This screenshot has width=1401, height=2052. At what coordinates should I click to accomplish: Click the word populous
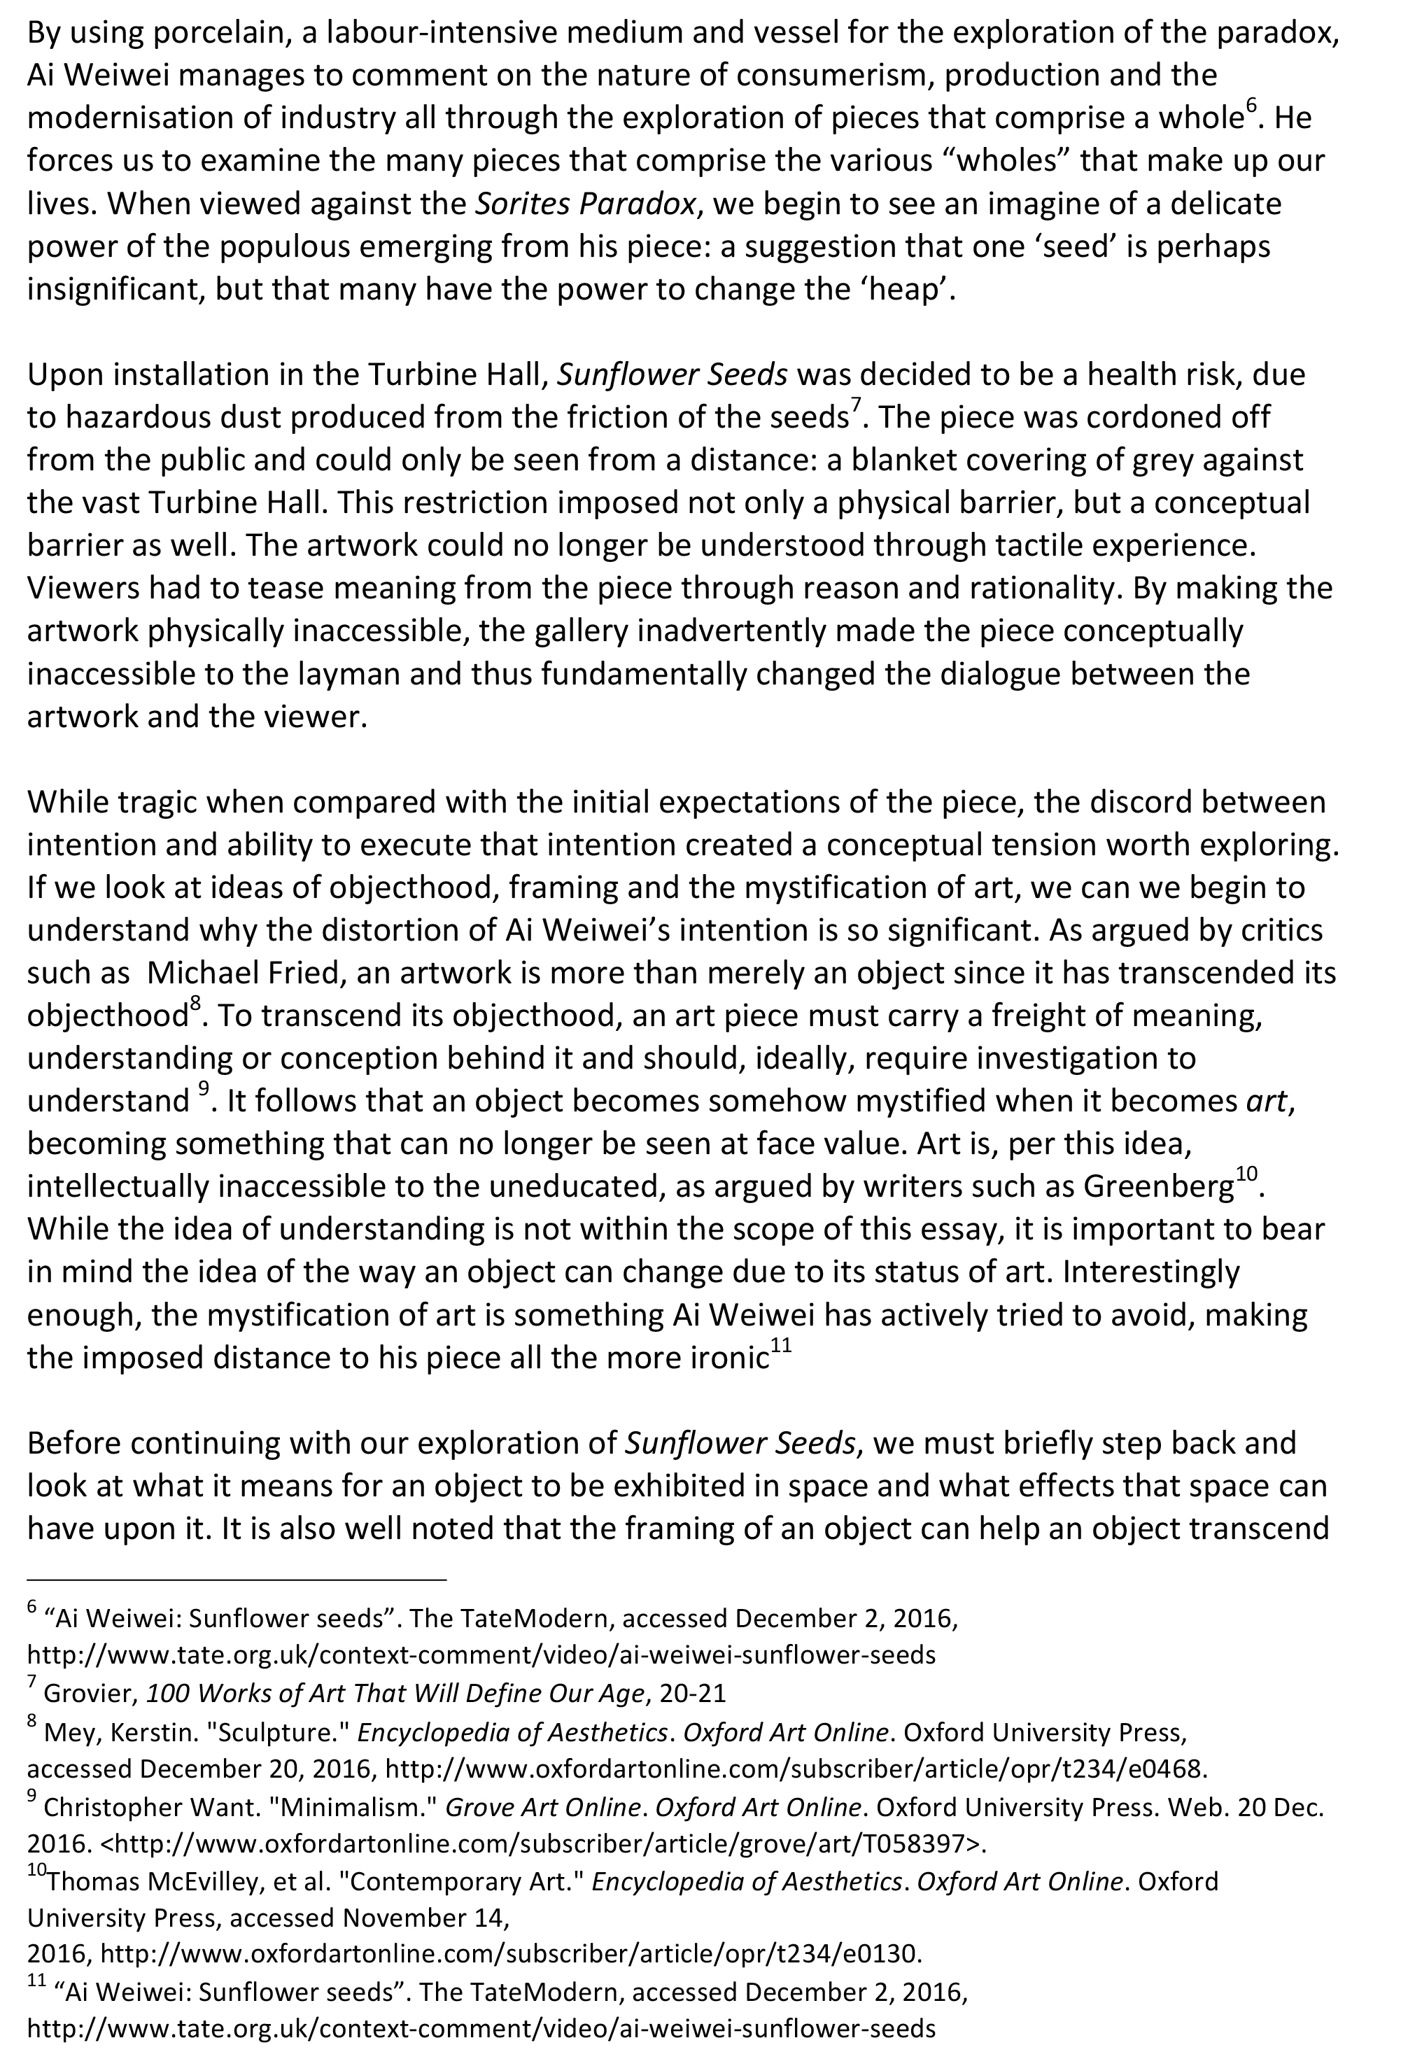289,246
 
